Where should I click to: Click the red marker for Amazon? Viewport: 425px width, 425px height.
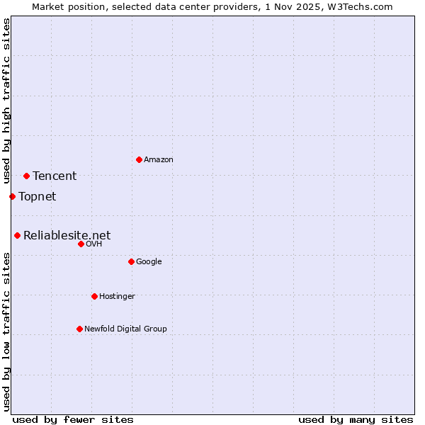click(139, 159)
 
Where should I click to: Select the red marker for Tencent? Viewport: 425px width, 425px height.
click(26, 176)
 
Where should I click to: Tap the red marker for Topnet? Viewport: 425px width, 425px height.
click(12, 196)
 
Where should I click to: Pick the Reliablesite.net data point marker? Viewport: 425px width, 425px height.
click(17, 235)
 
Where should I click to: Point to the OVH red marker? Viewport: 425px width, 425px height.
click(81, 244)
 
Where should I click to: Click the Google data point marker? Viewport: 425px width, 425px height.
click(131, 261)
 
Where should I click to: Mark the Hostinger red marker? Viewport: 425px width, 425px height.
click(94, 296)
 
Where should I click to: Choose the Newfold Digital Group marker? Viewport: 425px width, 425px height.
click(79, 329)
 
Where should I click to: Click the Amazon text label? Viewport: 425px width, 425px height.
click(159, 160)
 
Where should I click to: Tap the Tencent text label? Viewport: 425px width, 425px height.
click(55, 176)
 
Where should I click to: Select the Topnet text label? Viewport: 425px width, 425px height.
click(37, 197)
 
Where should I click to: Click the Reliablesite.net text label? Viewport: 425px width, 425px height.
click(67, 236)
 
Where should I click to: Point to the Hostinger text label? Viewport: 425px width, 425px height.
click(117, 297)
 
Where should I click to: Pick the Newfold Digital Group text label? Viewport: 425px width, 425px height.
click(125, 329)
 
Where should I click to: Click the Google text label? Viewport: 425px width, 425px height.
click(149, 262)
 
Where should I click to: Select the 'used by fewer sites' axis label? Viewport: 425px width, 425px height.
click(73, 420)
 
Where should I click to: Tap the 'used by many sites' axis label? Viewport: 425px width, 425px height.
click(356, 420)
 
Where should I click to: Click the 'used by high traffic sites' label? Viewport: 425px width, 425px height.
click(6, 101)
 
